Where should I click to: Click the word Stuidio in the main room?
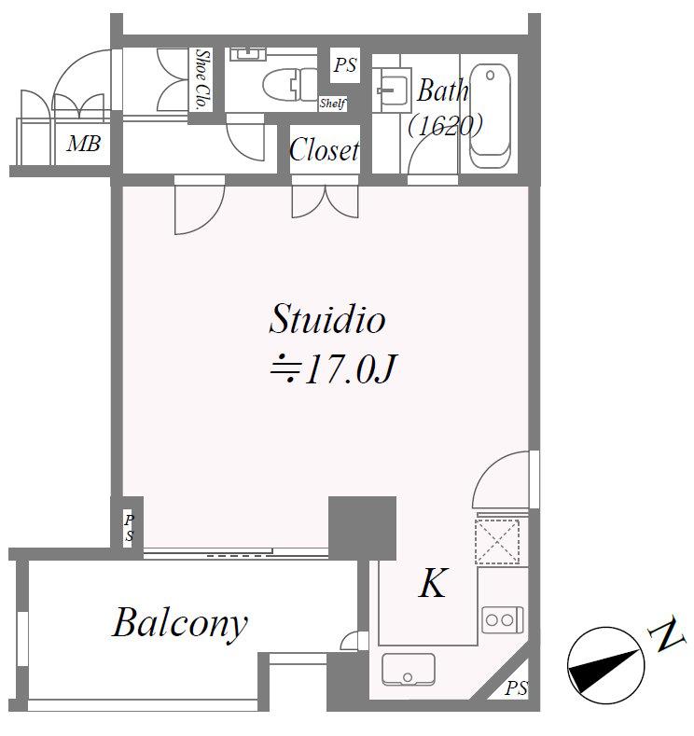pos(326,320)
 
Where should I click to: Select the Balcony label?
pos(180,623)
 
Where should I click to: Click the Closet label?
pos(324,150)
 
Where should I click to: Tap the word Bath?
pos(442,91)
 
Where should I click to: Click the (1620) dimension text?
pos(445,125)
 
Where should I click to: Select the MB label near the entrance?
pos(82,145)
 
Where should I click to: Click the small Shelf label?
pos(332,104)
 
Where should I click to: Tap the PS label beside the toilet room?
pos(345,66)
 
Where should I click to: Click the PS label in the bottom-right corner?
pos(517,689)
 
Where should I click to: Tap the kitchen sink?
pos(408,670)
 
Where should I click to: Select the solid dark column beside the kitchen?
pos(362,528)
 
